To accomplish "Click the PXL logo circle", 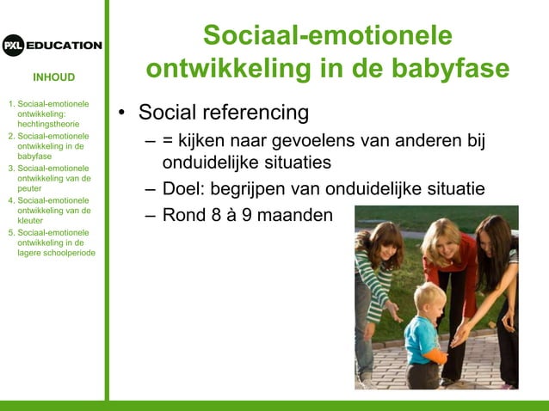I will [x=13, y=46].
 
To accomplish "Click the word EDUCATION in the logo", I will [x=65, y=46].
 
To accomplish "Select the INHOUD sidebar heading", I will [x=54, y=77].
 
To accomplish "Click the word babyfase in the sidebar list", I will [x=34, y=156].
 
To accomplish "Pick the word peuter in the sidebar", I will [x=30, y=188].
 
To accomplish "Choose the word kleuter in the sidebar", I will [x=33, y=220].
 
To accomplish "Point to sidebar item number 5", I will [x=11, y=232].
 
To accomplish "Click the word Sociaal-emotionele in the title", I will [x=327, y=35].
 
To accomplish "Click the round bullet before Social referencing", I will [x=123, y=113].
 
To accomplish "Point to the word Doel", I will [x=182, y=189].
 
